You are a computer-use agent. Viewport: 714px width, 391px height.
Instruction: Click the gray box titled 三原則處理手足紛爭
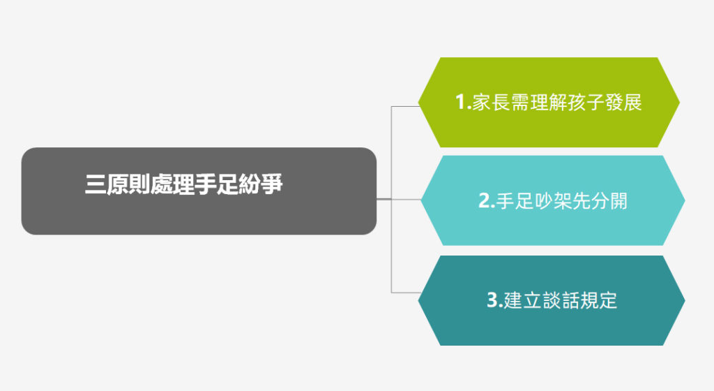coord(199,191)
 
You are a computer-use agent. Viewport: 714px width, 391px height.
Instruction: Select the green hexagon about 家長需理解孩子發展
coord(549,102)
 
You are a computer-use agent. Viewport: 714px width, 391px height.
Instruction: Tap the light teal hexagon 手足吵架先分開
coord(553,200)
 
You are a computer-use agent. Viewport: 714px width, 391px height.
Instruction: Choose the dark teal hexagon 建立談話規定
coord(552,300)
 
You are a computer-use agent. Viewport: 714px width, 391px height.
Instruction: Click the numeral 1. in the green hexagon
coord(463,102)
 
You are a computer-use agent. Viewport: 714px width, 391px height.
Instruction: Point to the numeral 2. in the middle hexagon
coord(486,200)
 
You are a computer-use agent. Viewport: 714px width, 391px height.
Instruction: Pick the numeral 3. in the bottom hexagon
coord(494,300)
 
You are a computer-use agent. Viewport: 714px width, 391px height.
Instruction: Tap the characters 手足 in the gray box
coord(216,184)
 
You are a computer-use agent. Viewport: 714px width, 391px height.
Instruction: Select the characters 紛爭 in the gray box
coord(261,184)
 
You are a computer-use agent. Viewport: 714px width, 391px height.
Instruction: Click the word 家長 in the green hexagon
coord(490,102)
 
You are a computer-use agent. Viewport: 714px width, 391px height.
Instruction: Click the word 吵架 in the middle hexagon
coord(553,200)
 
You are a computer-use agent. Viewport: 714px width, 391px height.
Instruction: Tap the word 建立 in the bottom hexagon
coord(522,300)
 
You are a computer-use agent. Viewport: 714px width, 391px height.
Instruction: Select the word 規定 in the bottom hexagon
coord(598,300)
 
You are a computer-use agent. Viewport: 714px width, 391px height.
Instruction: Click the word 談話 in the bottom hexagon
coord(560,300)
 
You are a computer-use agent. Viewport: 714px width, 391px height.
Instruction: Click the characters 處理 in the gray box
coord(173,184)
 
